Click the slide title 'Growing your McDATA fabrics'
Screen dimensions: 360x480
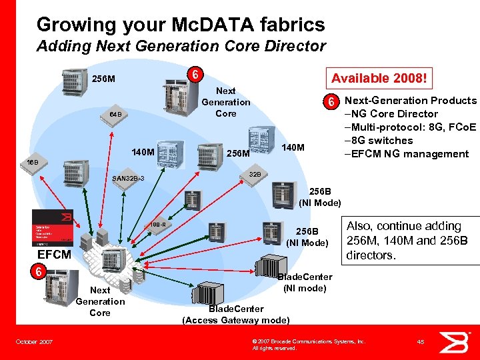click(x=181, y=25)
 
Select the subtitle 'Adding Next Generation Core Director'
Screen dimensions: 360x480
click(x=181, y=46)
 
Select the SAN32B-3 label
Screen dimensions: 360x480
click(x=129, y=179)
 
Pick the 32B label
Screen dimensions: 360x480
click(x=254, y=175)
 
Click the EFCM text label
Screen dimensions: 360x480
click(x=54, y=254)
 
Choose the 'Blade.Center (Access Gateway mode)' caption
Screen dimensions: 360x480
click(x=235, y=314)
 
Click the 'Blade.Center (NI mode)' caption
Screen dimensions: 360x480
click(x=304, y=283)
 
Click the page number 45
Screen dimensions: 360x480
click(x=421, y=342)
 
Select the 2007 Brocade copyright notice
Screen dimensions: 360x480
click(x=308, y=344)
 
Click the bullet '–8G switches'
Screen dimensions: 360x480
click(x=378, y=141)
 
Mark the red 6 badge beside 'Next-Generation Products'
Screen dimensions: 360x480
click(x=329, y=102)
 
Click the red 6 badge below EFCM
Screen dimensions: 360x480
click(x=39, y=272)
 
